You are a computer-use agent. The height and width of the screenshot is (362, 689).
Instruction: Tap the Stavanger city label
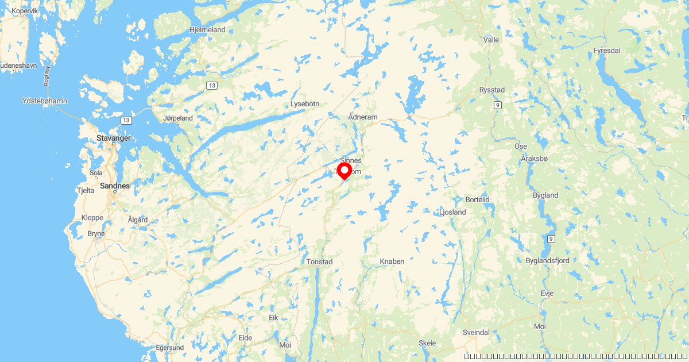point(113,138)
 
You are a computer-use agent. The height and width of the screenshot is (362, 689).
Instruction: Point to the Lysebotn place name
point(304,104)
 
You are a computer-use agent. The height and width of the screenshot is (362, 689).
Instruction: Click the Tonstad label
point(320,261)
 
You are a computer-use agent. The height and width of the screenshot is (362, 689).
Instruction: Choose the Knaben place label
point(392,261)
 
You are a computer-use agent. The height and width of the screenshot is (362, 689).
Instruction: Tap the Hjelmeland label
point(207,29)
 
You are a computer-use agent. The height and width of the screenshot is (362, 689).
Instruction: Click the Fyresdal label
point(607,51)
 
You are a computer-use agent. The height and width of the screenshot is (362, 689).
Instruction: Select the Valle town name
point(491,40)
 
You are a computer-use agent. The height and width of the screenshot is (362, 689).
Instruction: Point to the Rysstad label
point(492,90)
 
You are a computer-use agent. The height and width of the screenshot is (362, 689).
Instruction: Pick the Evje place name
point(547,293)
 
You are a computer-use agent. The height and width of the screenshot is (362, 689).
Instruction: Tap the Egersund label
point(170,348)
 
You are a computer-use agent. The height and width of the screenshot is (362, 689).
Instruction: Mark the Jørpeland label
point(178,118)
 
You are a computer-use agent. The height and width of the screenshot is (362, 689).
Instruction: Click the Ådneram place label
point(363,117)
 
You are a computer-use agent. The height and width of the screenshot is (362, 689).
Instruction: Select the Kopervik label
point(24,11)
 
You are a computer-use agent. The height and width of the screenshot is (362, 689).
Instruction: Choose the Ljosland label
point(452,212)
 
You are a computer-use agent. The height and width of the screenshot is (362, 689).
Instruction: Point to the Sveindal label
point(476,333)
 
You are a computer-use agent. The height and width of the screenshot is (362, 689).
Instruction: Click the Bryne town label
point(96,233)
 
